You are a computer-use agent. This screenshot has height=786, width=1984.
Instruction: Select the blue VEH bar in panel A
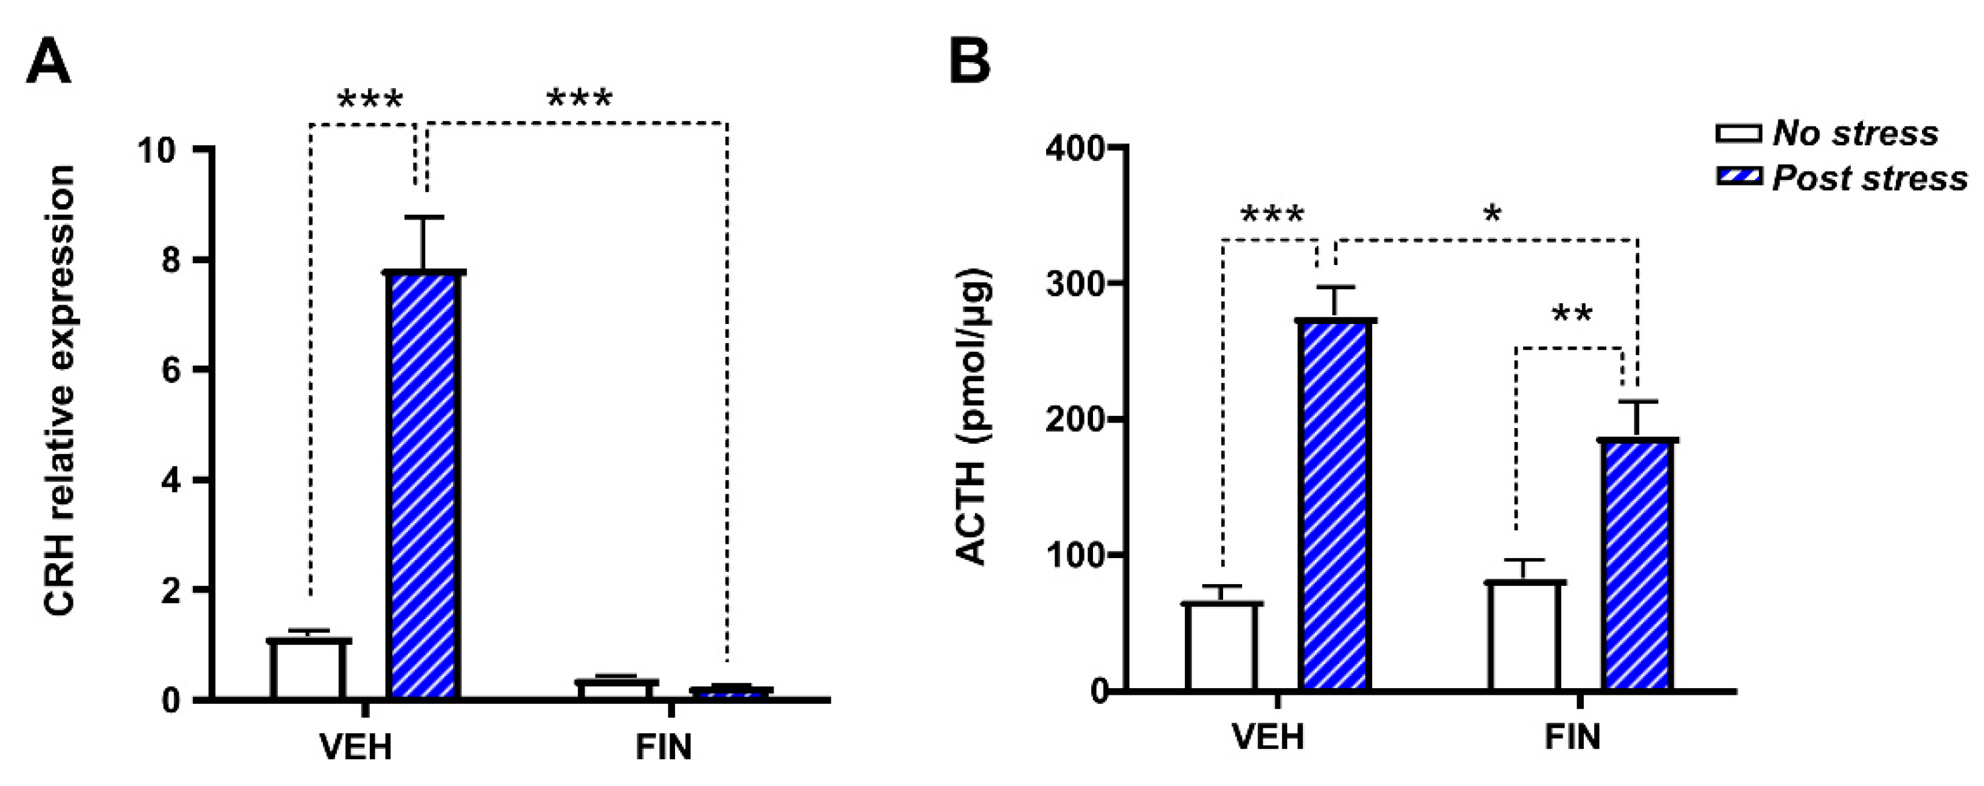tap(425, 485)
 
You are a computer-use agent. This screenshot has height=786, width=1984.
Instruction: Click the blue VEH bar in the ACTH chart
tap(1336, 504)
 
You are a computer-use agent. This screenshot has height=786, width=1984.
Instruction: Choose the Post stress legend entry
tap(1840, 178)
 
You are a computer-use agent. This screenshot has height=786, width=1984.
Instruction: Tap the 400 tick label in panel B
tap(1074, 147)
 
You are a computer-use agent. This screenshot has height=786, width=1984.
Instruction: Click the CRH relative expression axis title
tap(60, 390)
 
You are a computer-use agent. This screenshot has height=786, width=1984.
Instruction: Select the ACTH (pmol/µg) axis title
tap(974, 416)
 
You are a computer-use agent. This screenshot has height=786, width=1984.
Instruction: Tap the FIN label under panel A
tap(664, 746)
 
